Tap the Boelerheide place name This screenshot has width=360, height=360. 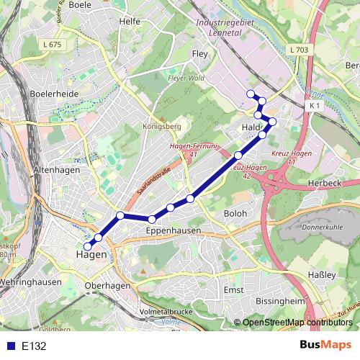pyautogui.click(x=54, y=94)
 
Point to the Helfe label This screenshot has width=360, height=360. pyautogui.click(x=130, y=22)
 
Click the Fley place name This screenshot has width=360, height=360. pyautogui.click(x=199, y=53)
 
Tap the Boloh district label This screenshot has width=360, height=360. pyautogui.click(x=235, y=214)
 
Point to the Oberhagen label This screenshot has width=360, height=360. pyautogui.click(x=107, y=286)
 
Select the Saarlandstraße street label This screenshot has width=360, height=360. pyautogui.click(x=152, y=183)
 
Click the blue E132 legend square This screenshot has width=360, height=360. pyautogui.click(x=9, y=345)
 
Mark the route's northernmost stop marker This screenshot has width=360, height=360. pyautogui.click(x=251, y=94)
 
